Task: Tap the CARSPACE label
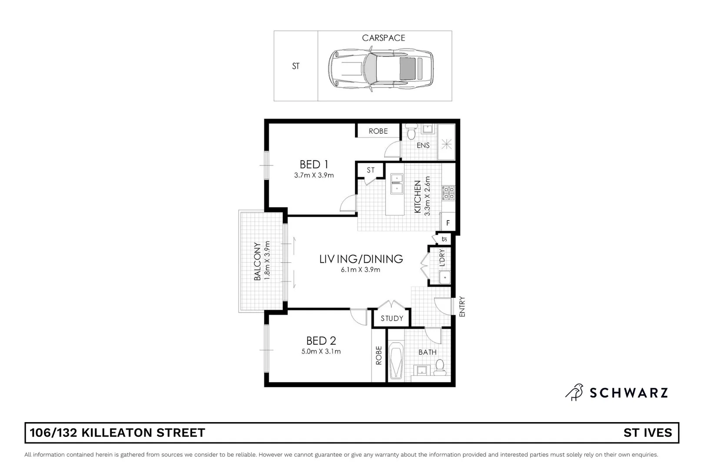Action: tap(383, 38)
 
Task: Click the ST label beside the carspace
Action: tap(296, 66)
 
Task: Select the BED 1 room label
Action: tap(314, 165)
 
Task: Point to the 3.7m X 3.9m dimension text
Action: tap(314, 175)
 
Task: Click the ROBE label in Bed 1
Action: tap(378, 131)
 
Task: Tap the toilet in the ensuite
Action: tap(411, 131)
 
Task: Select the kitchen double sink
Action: tap(397, 184)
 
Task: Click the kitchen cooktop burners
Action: tap(448, 193)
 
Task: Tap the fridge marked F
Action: tap(448, 223)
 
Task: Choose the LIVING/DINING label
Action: tap(361, 259)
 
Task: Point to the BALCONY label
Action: tap(257, 261)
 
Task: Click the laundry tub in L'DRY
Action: tap(444, 277)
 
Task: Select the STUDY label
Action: tap(392, 318)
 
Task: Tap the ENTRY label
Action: tap(462, 307)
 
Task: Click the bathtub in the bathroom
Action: tap(396, 361)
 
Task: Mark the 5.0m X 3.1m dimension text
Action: tap(321, 351)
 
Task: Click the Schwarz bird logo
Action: tap(574, 392)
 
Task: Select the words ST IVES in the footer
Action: tap(648, 433)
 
